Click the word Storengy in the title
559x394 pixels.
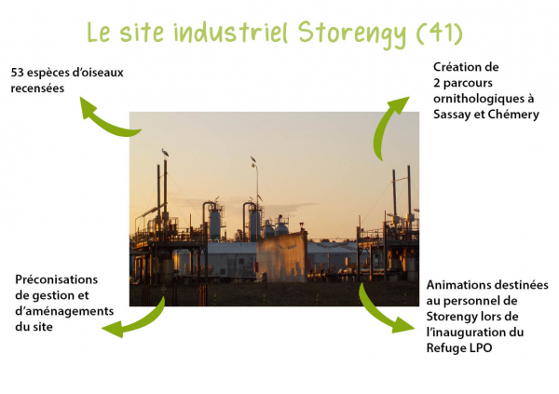click(x=352, y=34)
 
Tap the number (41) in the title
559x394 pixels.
click(x=440, y=34)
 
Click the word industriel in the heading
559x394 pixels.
click(x=231, y=32)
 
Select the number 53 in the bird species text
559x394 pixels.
click(x=17, y=73)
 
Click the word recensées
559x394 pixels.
click(x=37, y=88)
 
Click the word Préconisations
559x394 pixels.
click(x=56, y=279)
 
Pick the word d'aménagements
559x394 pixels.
click(x=64, y=311)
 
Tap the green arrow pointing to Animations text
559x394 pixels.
click(x=378, y=314)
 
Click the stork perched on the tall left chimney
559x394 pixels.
click(x=165, y=153)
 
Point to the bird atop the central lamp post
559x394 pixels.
click(x=253, y=159)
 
